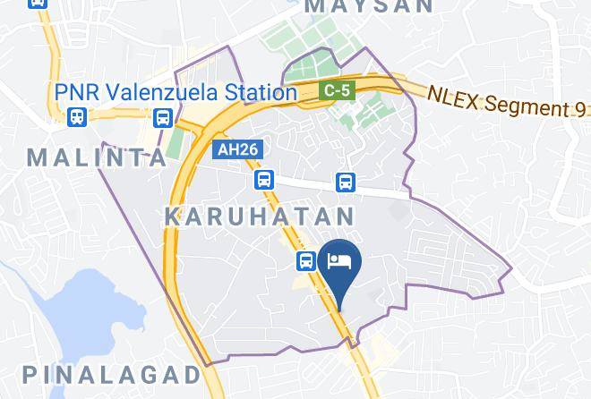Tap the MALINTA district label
tap(98, 158)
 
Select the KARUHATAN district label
tap(261, 216)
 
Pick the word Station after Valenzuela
tap(261, 91)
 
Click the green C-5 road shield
tap(337, 89)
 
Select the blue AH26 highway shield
tap(238, 150)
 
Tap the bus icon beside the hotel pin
tap(306, 260)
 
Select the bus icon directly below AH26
tap(262, 181)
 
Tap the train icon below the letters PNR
tap(76, 116)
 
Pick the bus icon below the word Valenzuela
tap(163, 116)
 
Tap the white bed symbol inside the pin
tap(340, 260)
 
